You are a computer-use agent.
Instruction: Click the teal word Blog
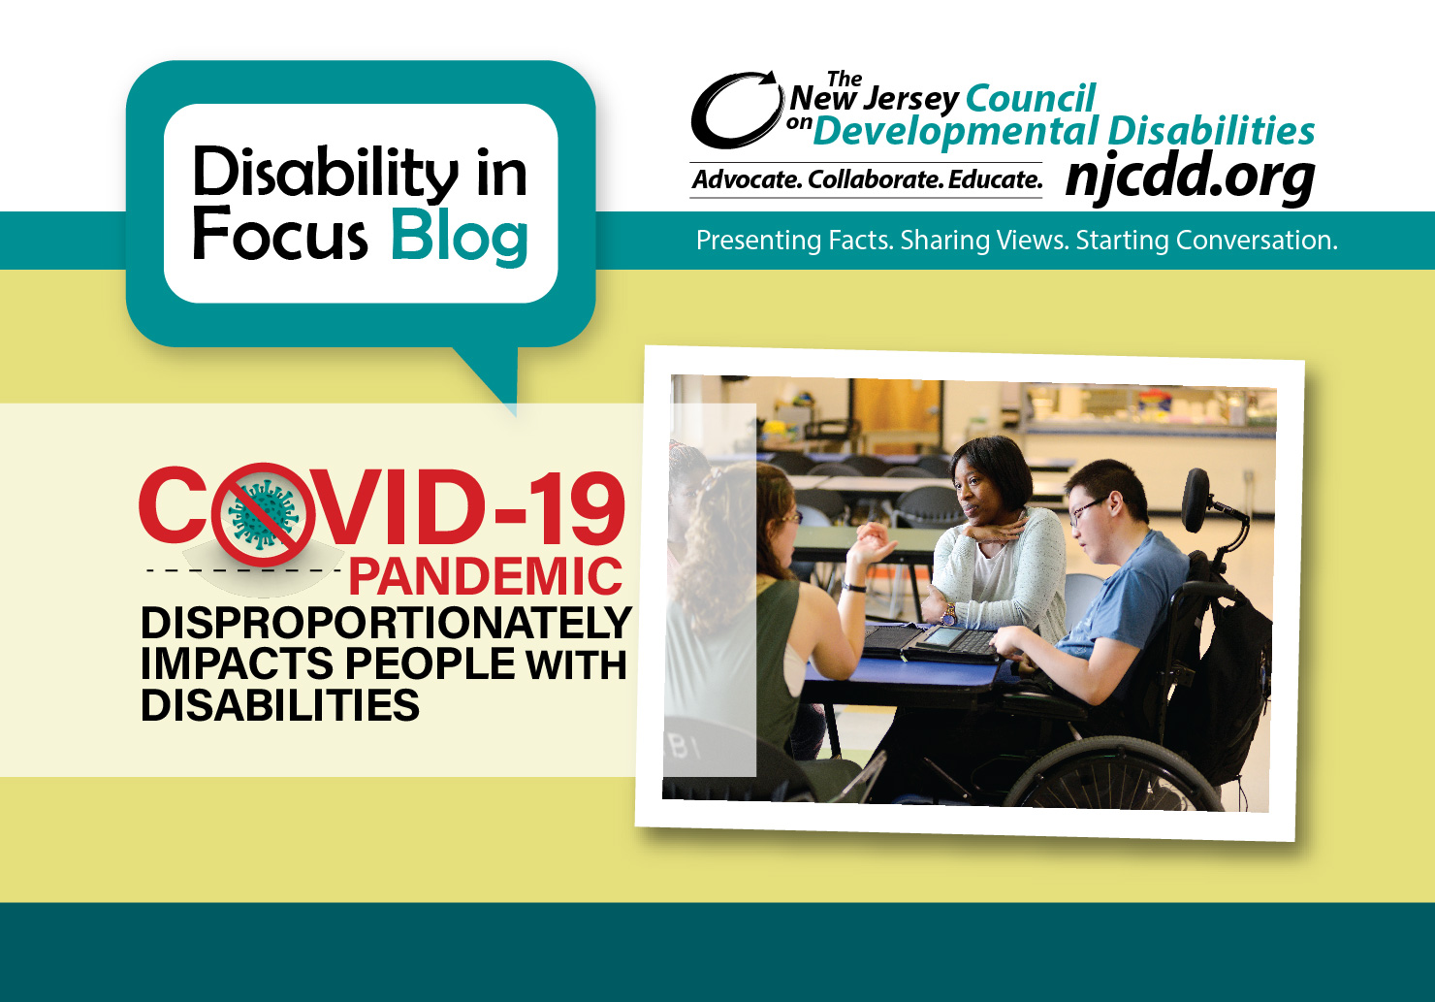tap(459, 236)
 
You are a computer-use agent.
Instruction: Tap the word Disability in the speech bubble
tap(325, 173)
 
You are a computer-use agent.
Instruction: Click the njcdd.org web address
tap(1190, 177)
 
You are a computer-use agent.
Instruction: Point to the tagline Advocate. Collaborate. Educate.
tap(867, 180)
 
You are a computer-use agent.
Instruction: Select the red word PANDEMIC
tap(485, 577)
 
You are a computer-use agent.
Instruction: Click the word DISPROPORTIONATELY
tap(386, 623)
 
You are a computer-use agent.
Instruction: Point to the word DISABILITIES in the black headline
tap(279, 705)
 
